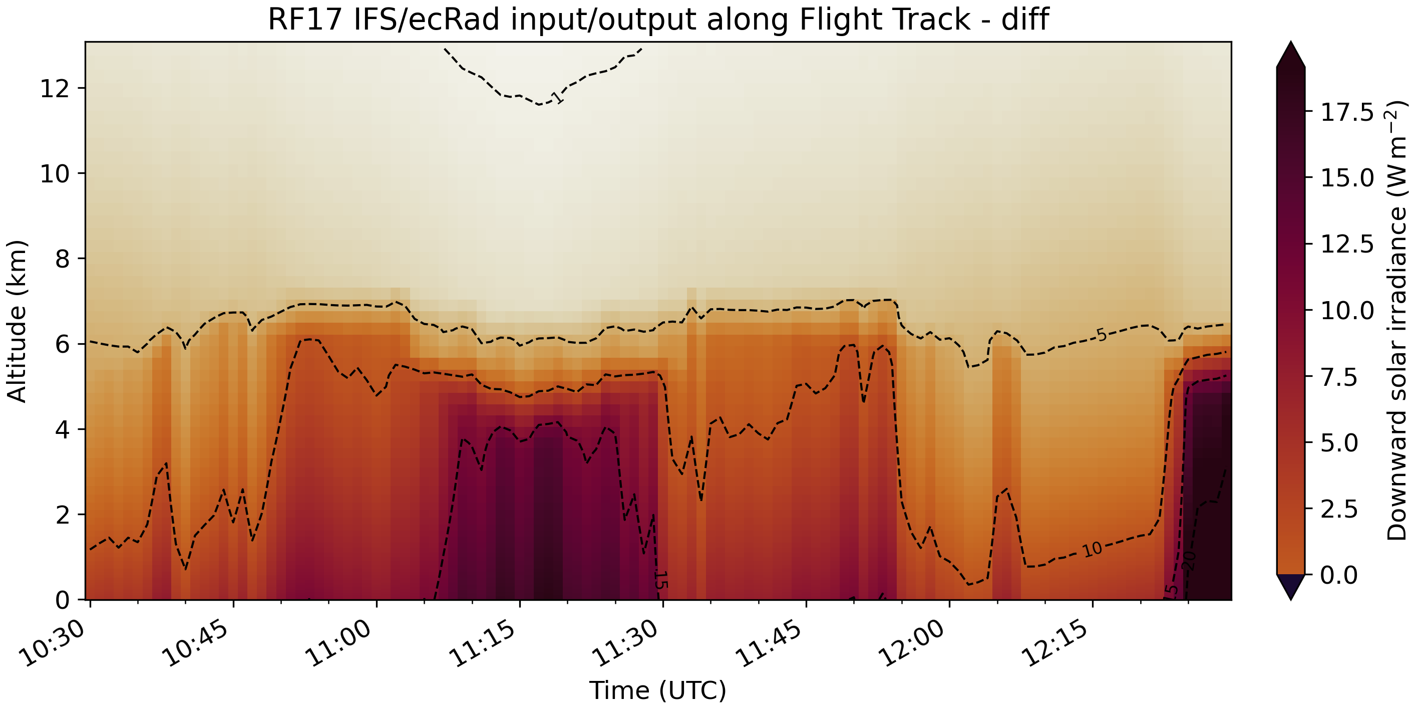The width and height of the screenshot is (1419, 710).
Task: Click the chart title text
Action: point(658,20)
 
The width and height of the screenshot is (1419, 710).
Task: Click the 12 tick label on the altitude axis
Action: point(55,88)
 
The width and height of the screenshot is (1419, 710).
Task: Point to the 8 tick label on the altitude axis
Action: point(62,259)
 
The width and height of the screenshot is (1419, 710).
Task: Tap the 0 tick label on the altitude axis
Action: point(62,600)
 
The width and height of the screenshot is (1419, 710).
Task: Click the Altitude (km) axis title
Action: point(17,321)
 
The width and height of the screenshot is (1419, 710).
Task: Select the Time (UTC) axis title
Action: point(658,690)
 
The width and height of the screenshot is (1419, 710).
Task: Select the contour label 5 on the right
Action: point(1101,335)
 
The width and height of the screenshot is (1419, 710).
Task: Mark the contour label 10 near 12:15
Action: point(1092,549)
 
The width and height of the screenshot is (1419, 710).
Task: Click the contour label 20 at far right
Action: point(1189,560)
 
